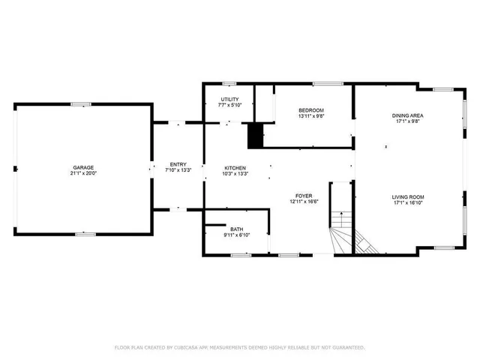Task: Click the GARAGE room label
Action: [x=83, y=167]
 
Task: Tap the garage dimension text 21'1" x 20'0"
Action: [x=83, y=173]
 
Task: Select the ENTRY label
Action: [x=178, y=164]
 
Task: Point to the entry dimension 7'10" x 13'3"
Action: [x=178, y=170]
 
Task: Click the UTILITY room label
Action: [x=229, y=100]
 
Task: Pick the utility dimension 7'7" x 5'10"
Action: [x=229, y=106]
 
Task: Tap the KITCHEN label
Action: [x=235, y=168]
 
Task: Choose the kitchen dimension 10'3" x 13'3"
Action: [x=235, y=174]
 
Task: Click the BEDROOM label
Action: [x=310, y=110]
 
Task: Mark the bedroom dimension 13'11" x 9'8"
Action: [x=310, y=116]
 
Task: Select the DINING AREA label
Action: [x=408, y=115]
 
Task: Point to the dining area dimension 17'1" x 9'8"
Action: [x=408, y=121]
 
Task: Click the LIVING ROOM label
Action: [x=408, y=197]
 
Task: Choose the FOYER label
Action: [x=302, y=196]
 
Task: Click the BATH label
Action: [x=237, y=229]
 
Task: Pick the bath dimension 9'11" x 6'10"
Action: [x=237, y=235]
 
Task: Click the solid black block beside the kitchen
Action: [x=256, y=135]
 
